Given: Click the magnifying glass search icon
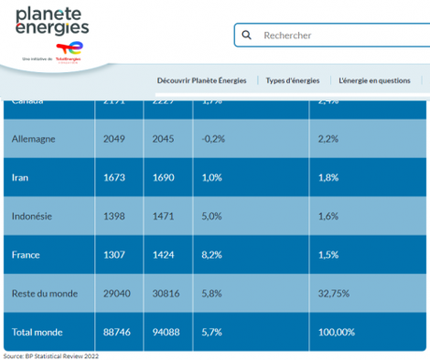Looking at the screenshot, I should click(x=247, y=36).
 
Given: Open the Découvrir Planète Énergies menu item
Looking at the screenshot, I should click(x=201, y=80).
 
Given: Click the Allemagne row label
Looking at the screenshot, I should click(x=34, y=138).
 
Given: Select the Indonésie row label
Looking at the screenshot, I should click(x=32, y=216).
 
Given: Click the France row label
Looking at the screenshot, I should click(x=26, y=254).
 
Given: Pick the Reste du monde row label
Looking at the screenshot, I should click(x=43, y=294).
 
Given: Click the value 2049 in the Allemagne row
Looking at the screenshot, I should click(x=114, y=138).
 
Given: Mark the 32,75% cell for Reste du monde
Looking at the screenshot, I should click(x=335, y=294).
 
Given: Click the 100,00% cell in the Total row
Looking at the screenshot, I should click(x=337, y=331).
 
